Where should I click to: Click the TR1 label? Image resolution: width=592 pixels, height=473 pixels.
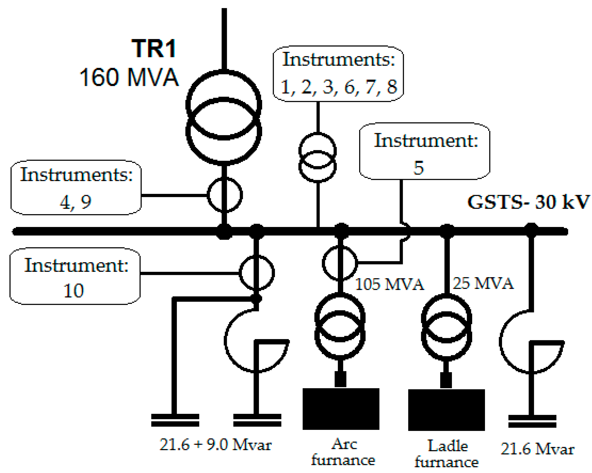(x=154, y=49)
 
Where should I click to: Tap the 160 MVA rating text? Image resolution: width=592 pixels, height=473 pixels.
(x=129, y=77)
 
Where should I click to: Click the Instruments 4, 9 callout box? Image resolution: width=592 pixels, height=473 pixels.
(x=76, y=187)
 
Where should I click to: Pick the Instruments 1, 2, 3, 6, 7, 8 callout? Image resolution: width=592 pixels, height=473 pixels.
(x=338, y=74)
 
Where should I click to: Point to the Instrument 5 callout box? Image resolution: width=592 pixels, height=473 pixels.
(x=425, y=151)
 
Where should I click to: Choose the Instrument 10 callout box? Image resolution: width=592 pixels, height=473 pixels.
(x=75, y=276)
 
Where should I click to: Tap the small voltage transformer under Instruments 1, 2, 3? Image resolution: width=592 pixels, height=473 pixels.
(x=317, y=158)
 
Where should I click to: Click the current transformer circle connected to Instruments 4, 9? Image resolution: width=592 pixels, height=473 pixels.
(x=225, y=195)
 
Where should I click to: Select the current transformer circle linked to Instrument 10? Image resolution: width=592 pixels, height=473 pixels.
(x=257, y=273)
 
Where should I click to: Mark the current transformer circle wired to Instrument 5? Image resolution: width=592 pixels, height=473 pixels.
(x=340, y=263)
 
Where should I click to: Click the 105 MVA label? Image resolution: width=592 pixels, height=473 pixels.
(x=389, y=284)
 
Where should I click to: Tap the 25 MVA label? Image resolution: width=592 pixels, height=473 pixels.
(x=483, y=283)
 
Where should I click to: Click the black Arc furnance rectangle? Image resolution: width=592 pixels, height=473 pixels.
(x=341, y=409)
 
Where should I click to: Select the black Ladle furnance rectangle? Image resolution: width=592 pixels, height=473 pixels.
(x=446, y=410)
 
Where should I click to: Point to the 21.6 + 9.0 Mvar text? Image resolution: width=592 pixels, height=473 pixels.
(x=216, y=444)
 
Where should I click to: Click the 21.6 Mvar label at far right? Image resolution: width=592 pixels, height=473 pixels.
(x=537, y=449)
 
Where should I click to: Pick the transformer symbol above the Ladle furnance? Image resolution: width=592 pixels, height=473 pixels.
(x=446, y=327)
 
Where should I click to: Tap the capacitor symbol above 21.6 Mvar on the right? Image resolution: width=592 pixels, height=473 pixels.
(x=532, y=421)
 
